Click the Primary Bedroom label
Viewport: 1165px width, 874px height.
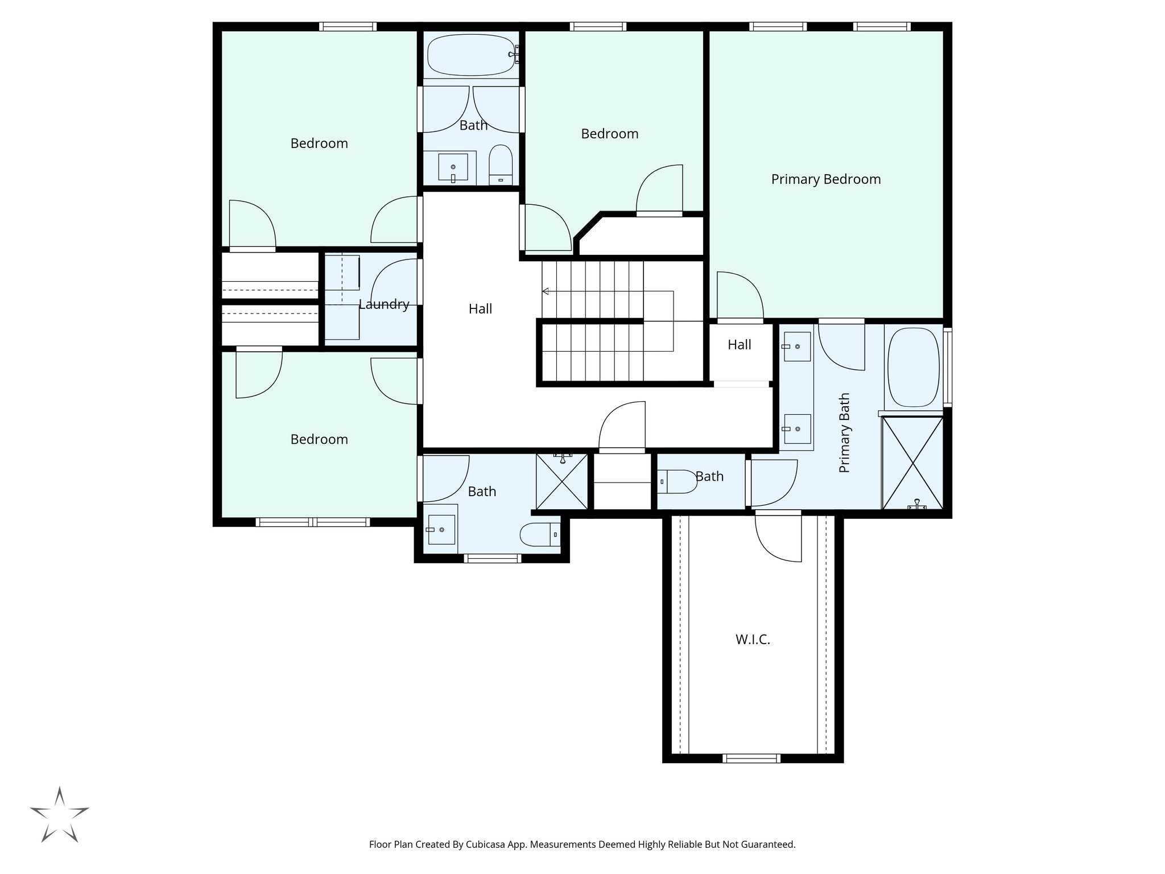(x=825, y=179)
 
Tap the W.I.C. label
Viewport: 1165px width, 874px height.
(x=753, y=640)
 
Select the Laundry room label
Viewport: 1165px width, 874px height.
(x=384, y=304)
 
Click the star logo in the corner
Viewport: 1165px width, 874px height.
(x=59, y=814)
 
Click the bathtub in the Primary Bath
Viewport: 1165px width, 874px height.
(x=913, y=368)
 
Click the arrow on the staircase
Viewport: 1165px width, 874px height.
(x=545, y=291)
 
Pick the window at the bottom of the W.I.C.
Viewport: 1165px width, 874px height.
(x=751, y=758)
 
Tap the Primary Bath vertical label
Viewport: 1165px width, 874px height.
(x=844, y=432)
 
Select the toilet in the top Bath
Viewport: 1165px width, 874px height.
(x=501, y=165)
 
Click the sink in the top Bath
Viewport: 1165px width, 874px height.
(x=453, y=167)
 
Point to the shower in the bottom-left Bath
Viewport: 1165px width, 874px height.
(x=561, y=481)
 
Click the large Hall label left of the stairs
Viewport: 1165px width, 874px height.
(x=480, y=309)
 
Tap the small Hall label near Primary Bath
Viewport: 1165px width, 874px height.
(x=739, y=345)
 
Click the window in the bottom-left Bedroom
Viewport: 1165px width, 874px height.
(x=312, y=522)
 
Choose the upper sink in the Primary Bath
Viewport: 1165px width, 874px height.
(x=797, y=347)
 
